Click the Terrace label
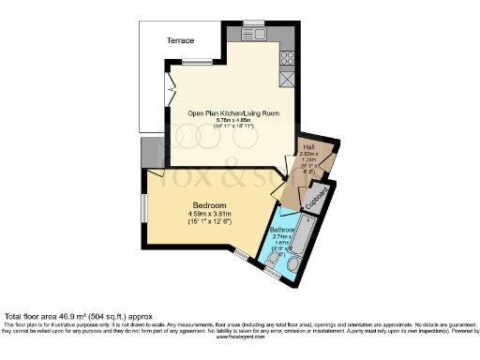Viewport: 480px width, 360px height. point(180,42)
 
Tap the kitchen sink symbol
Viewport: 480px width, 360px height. point(254,37)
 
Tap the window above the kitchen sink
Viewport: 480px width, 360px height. point(253,23)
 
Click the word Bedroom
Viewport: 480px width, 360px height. point(210,204)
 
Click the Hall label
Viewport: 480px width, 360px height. point(308,148)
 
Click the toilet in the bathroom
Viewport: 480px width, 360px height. point(293,271)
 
